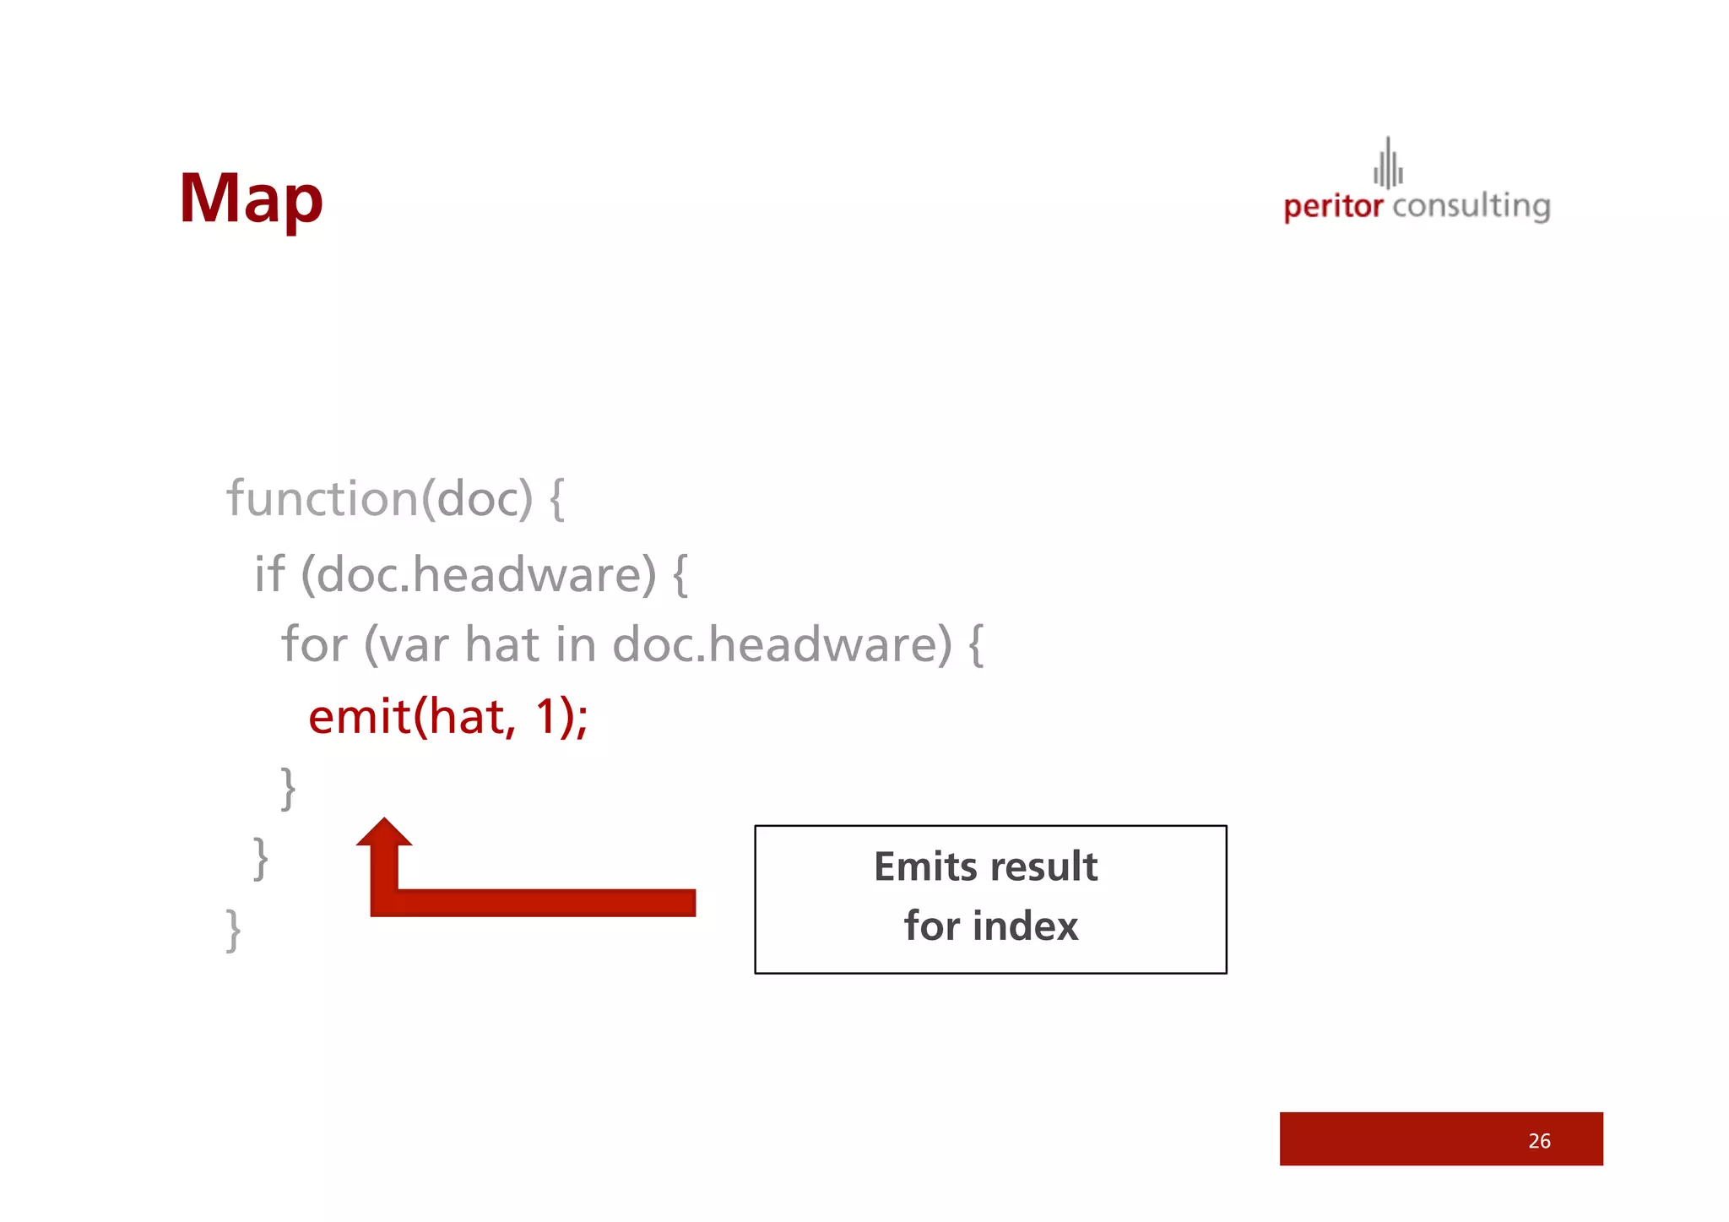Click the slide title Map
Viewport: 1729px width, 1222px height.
251,199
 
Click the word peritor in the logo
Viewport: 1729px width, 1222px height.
1332,207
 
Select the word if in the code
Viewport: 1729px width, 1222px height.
269,574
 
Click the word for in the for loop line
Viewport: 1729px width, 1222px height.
314,644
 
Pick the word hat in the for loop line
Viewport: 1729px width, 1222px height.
501,644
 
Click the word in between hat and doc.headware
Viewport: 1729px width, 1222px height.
576,644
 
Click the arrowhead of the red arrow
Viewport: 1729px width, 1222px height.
384,833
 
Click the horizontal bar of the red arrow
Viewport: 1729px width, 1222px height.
540,902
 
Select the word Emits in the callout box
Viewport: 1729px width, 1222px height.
924,867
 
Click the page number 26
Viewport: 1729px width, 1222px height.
1538,1141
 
